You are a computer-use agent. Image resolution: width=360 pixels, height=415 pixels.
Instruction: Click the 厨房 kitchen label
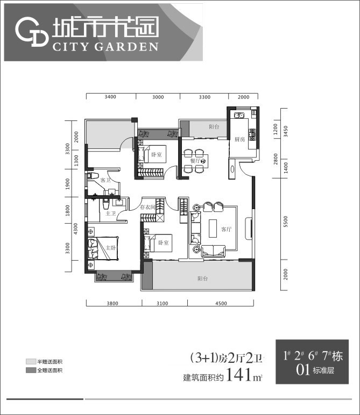coord(239,139)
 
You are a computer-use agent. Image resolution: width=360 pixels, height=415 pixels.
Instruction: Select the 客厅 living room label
coord(227,229)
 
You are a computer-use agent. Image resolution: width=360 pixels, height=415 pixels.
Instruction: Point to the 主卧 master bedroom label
coord(111,248)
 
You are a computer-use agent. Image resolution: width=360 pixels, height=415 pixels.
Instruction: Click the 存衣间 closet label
coord(147,207)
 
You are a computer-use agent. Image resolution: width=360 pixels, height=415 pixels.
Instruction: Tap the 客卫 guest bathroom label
coord(105,181)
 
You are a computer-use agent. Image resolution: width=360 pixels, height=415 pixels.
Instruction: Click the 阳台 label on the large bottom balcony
coord(203,278)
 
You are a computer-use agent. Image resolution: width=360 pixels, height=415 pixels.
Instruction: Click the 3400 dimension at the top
coord(110,97)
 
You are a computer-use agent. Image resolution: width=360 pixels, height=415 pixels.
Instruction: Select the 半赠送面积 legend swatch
coord(30,362)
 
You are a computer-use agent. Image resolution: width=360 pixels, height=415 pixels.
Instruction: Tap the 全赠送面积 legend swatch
coord(30,370)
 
